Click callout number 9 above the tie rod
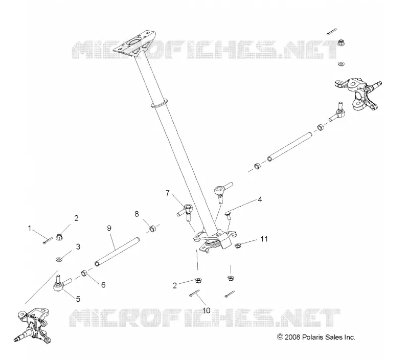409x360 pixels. click(109, 228)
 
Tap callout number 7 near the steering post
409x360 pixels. click(168, 193)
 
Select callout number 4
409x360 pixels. click(260, 199)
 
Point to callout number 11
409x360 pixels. click(264, 239)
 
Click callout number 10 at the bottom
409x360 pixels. click(206, 310)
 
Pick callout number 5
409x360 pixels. click(78, 299)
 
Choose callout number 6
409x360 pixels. click(103, 285)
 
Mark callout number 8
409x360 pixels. click(137, 214)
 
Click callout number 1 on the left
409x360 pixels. click(30, 228)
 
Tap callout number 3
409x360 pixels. click(78, 246)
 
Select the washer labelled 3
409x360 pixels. click(59, 259)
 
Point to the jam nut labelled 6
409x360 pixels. click(84, 274)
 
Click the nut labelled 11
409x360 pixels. click(237, 245)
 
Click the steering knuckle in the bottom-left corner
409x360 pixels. click(33, 326)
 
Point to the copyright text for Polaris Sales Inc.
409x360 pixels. click(316, 337)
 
